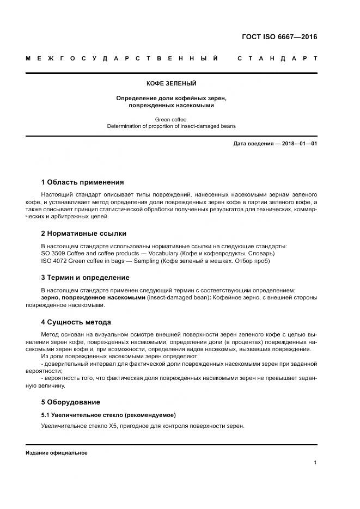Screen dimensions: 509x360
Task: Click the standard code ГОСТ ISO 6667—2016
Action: tap(279, 38)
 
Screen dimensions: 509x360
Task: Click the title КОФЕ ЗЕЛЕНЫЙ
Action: tap(171, 83)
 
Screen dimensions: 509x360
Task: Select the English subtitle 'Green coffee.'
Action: tap(171, 119)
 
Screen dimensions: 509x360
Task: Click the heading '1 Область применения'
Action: tap(83, 182)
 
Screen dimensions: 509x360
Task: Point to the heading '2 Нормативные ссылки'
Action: tap(84, 234)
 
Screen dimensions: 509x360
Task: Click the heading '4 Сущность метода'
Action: tap(76, 322)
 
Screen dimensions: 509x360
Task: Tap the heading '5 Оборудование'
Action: tap(71, 402)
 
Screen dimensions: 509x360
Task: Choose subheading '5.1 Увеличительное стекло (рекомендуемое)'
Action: tap(108, 415)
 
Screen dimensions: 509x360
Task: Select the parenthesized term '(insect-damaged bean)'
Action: tap(178, 298)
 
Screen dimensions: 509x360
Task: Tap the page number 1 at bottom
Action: tap(315, 463)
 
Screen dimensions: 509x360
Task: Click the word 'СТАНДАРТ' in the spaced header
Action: tap(278, 58)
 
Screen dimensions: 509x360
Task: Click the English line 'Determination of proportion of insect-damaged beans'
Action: tap(171, 126)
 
